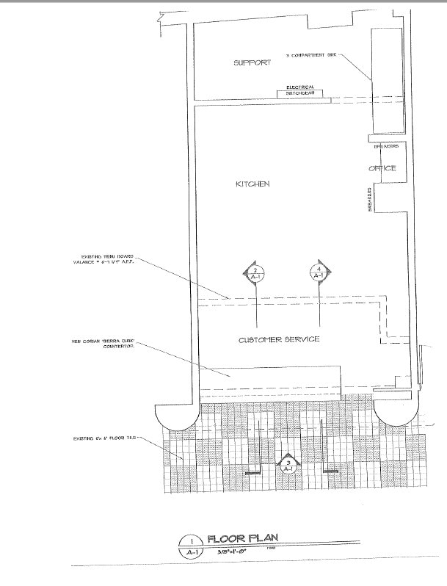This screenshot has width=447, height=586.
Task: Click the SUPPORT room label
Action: coord(252,63)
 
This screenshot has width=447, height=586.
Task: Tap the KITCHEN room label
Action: coord(252,184)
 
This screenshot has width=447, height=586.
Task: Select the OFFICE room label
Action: coord(382,168)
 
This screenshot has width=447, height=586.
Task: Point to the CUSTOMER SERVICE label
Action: coord(279,340)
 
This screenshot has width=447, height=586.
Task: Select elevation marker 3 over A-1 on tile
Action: coord(288,463)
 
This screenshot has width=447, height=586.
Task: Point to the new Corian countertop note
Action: coord(107,344)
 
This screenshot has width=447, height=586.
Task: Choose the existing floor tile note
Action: coord(104,438)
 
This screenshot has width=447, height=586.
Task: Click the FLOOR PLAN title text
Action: coord(243,538)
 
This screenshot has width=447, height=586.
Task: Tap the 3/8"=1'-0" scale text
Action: coord(232,550)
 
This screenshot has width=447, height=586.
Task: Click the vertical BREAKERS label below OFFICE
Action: coord(369,200)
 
